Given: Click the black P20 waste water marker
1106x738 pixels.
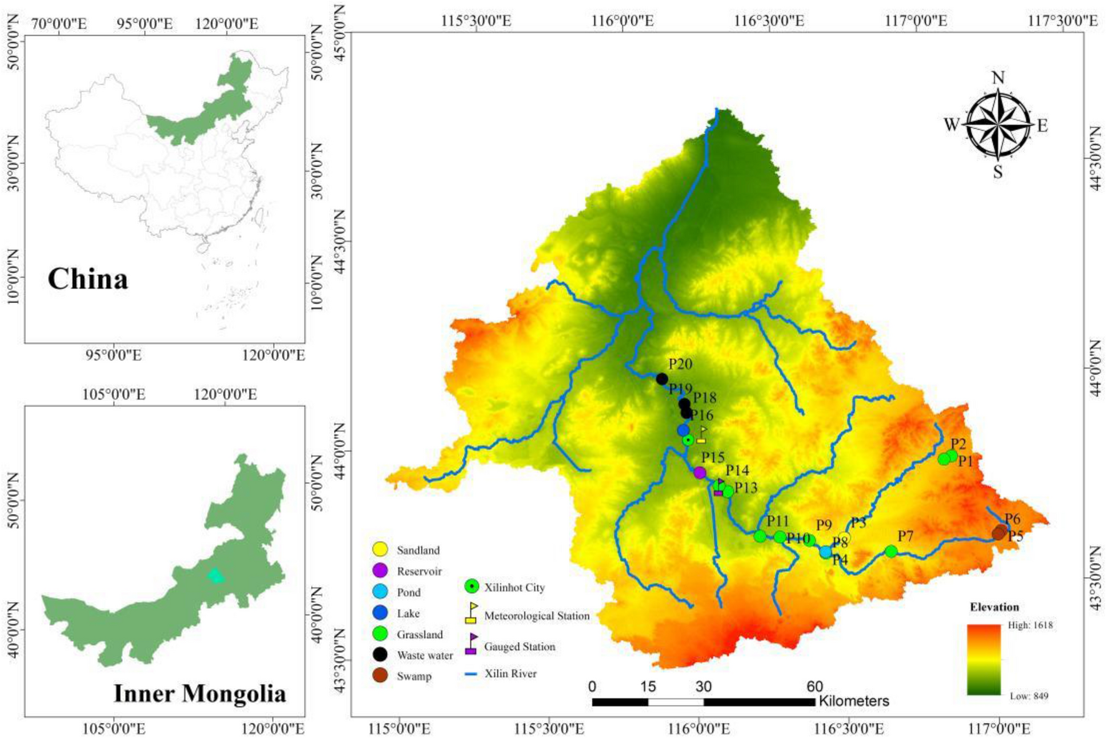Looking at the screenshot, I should [662, 379].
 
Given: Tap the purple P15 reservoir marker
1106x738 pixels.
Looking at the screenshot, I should [700, 472].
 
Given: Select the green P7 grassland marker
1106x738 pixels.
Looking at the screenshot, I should [891, 551].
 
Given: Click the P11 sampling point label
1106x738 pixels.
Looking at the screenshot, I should [777, 521].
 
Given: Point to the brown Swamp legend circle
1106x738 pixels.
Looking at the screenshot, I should [380, 676].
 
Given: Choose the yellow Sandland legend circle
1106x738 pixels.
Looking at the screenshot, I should [380, 550].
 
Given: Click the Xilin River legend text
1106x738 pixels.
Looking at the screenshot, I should [510, 673].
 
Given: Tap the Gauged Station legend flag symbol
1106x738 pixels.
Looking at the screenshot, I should [472, 645].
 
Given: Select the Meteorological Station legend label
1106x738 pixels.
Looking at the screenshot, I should [536, 616].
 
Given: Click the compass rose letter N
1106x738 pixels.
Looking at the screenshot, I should [998, 78].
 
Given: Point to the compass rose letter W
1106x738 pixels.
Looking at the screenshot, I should [951, 125].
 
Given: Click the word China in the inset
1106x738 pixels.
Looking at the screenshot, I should [88, 279].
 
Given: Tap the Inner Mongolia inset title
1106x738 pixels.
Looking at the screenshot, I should [200, 693].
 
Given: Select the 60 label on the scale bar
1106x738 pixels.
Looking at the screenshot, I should [814, 687].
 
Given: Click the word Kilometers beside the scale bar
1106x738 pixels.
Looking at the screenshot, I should [854, 701].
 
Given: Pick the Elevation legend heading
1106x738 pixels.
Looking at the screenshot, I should [994, 607].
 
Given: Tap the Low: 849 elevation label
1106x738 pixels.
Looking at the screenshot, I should [1029, 696].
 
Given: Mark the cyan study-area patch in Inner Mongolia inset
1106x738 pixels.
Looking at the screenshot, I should [216, 576].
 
